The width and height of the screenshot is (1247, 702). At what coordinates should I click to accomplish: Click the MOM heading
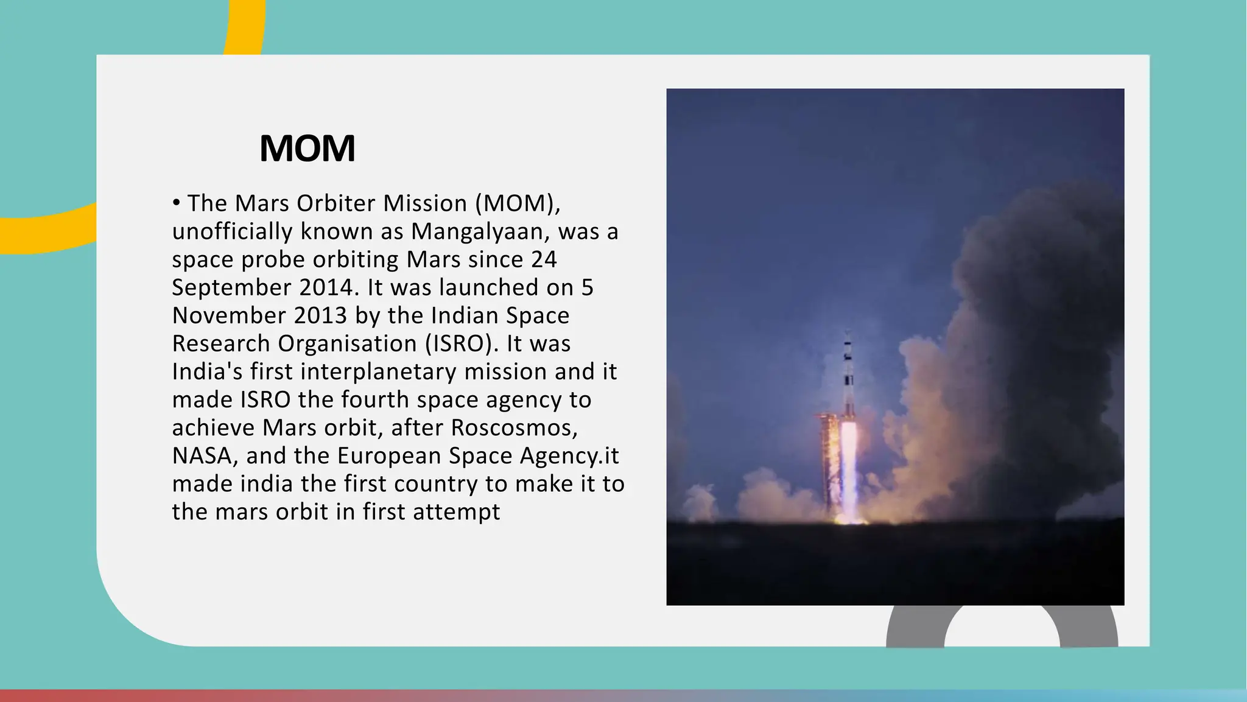coord(307,148)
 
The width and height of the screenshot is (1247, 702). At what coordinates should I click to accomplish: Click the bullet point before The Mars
coord(177,203)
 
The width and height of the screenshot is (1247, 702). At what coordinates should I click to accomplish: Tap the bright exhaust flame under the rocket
coord(848,469)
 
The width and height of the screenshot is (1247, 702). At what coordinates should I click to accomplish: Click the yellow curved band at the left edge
coord(49,234)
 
